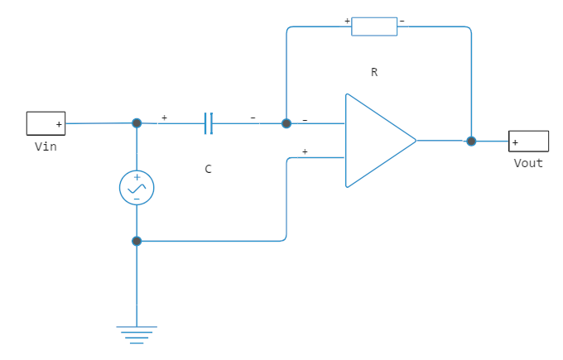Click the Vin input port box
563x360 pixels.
click(46, 123)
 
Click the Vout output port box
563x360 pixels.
click(528, 142)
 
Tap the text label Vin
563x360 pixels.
click(45, 146)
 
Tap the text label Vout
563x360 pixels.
click(528, 163)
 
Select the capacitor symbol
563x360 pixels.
click(209, 123)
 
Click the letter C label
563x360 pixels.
click(209, 169)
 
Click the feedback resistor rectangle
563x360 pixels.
click(374, 26)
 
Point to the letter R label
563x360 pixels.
click(374, 72)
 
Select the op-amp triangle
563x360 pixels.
click(377, 141)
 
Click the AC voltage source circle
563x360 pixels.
click(137, 188)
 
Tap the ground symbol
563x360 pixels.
click(137, 333)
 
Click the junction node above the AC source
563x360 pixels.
click(137, 122)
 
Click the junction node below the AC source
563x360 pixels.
click(137, 241)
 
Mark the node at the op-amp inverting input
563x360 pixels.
click(286, 123)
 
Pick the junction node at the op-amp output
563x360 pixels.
click(471, 141)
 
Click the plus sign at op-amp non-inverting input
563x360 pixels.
click(305, 151)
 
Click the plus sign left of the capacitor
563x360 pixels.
click(164, 118)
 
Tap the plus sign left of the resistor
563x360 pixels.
click(347, 20)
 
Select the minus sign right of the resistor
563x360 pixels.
click(402, 20)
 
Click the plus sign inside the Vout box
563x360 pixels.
click(516, 142)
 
